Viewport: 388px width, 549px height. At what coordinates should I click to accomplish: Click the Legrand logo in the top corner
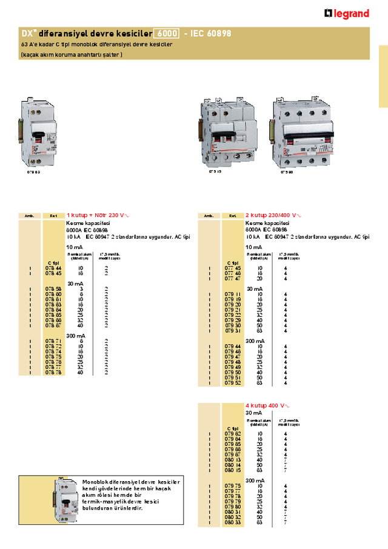(347, 13)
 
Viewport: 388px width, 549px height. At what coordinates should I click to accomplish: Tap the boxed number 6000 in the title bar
(167, 34)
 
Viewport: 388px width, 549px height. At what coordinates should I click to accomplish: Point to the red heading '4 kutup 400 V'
(267, 405)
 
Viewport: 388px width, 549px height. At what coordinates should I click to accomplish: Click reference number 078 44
(53, 267)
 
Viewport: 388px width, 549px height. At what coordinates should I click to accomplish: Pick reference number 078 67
(53, 325)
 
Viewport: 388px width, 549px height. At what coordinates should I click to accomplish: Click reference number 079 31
(233, 330)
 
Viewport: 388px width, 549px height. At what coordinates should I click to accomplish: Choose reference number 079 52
(233, 383)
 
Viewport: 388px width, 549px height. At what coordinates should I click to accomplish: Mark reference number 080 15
(233, 470)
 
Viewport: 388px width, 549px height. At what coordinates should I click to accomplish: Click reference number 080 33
(233, 523)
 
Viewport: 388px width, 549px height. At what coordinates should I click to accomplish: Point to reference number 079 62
(233, 434)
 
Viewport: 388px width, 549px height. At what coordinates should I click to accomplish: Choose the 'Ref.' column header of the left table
(53, 216)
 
